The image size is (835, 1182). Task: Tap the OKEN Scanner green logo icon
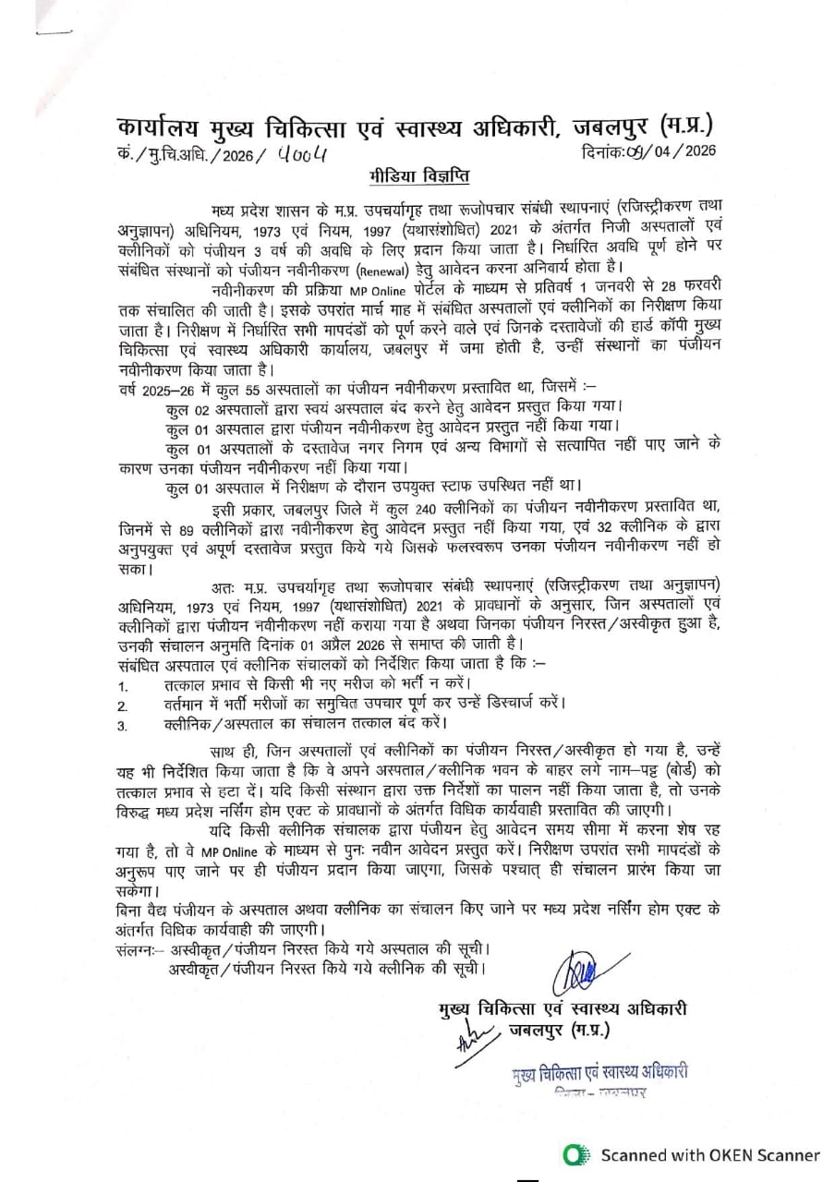(577, 1154)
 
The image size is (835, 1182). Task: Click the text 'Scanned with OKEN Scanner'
(710, 1154)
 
